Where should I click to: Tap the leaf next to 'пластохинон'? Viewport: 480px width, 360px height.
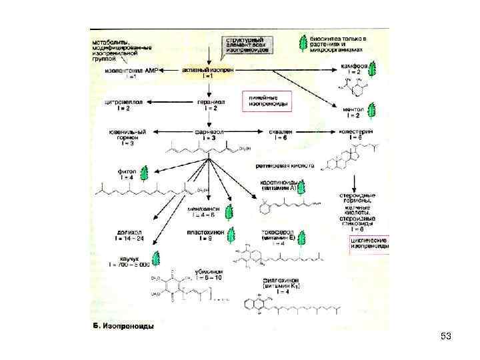(231, 235)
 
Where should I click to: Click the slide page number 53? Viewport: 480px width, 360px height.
(446, 337)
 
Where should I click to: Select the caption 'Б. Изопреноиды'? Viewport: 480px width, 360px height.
(123, 325)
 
